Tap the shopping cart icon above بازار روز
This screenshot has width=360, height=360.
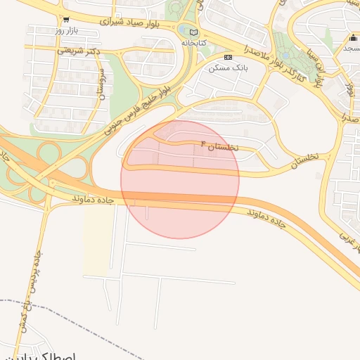pos(65,20)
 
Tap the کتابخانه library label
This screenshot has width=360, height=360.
pos(193,43)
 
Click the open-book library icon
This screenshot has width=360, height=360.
pos(193,32)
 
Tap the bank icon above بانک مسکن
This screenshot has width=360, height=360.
pos(227,57)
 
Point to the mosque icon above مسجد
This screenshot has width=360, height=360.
pos(354,38)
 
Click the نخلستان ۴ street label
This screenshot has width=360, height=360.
pos(220,146)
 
